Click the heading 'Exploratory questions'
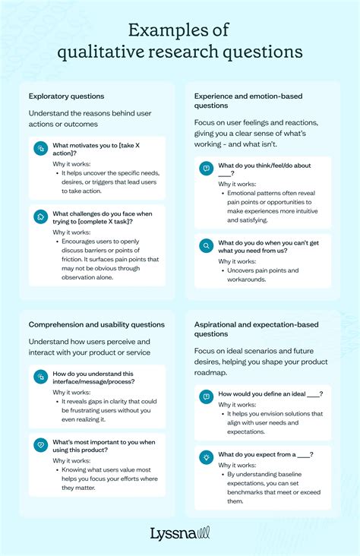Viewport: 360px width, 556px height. (67, 96)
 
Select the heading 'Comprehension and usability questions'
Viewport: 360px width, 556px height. (96, 324)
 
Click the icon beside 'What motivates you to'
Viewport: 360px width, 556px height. (41, 148)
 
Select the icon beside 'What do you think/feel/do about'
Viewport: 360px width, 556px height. (206, 169)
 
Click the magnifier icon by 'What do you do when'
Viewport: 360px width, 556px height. (206, 246)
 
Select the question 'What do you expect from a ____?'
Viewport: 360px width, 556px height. (266, 454)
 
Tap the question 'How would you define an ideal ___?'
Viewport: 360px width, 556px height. (270, 393)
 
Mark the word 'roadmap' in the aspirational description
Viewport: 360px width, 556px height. (212, 372)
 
